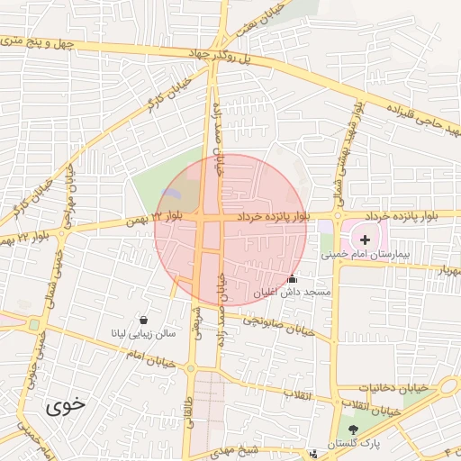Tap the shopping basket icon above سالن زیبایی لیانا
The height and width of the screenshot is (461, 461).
(144, 319)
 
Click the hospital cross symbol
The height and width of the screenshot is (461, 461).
(364, 240)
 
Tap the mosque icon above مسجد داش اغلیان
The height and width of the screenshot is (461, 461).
(290, 279)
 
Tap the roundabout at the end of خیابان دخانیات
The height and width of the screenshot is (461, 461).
(447, 385)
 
